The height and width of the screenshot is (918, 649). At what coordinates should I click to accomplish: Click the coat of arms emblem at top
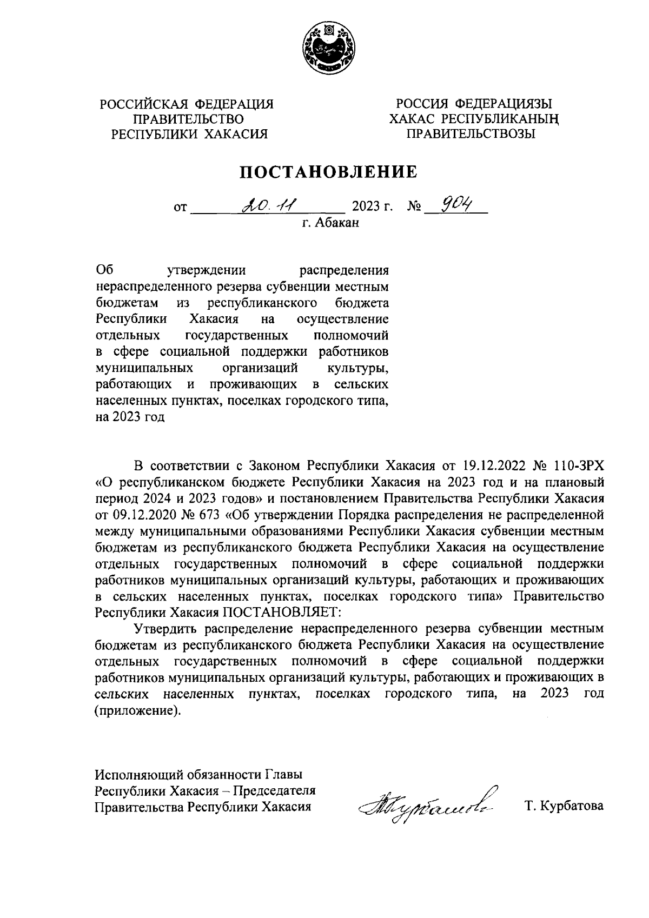pos(328,49)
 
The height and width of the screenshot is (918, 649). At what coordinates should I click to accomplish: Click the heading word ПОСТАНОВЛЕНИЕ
pos(328,172)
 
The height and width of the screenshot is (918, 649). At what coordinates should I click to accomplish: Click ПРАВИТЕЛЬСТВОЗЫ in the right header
pos(471,134)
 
